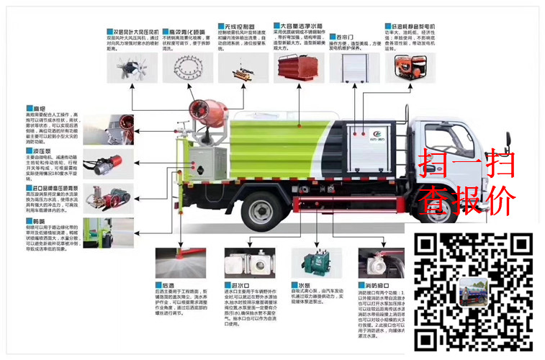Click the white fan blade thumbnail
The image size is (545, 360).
pos(130,68)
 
